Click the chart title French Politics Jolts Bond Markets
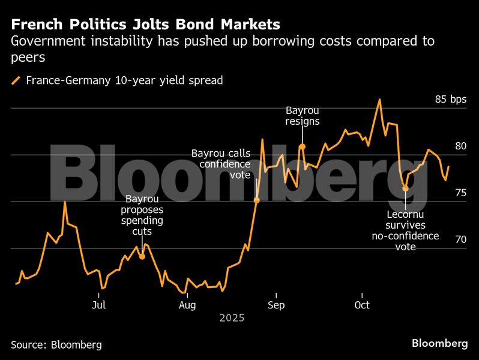[x=145, y=25]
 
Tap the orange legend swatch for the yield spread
[x=16, y=80]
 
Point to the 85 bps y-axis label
[x=450, y=99]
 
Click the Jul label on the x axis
[x=98, y=305]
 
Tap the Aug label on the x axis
[x=187, y=305]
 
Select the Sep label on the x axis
[x=276, y=305]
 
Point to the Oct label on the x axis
[x=362, y=305]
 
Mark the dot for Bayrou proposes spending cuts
[x=142, y=257]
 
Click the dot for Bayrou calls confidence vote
[x=257, y=200]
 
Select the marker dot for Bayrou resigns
[x=303, y=146]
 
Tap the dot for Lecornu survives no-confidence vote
[x=405, y=188]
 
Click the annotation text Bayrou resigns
[x=303, y=116]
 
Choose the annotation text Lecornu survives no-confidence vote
[x=405, y=230]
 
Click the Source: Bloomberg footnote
[x=56, y=345]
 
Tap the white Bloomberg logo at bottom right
[x=439, y=343]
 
